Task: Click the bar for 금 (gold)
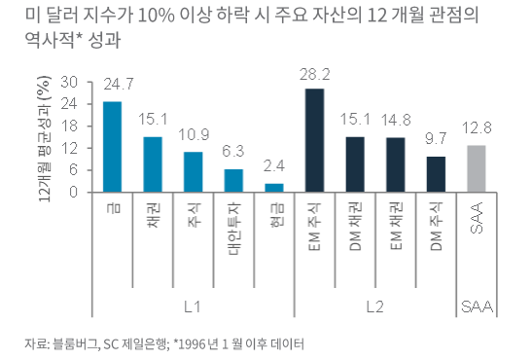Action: click(x=113, y=146)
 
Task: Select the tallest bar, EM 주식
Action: click(x=314, y=140)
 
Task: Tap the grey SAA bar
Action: click(x=476, y=168)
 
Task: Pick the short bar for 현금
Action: click(x=274, y=187)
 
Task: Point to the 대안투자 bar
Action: click(x=233, y=180)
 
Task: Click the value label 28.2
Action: click(x=314, y=73)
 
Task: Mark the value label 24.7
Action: click(x=113, y=86)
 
